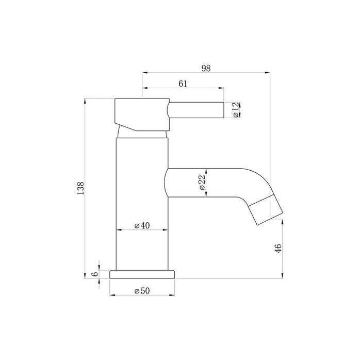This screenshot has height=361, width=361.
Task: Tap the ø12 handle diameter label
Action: (x=235, y=110)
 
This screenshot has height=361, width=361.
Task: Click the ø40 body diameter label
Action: (x=142, y=225)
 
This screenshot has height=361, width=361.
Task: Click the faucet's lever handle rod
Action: (x=196, y=110)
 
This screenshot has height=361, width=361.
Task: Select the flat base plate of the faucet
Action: (x=143, y=274)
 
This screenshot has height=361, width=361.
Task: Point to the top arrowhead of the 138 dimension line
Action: (x=86, y=100)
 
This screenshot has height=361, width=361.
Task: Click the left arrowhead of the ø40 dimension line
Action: (x=118, y=230)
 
